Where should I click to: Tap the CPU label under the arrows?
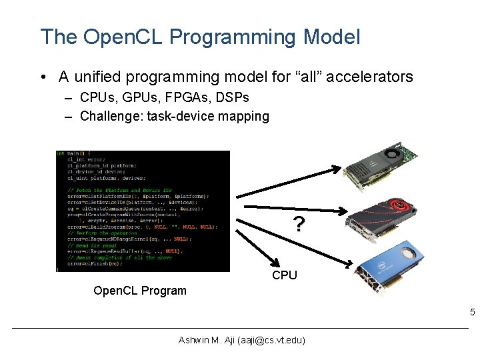click(x=285, y=275)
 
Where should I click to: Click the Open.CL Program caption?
click(x=140, y=291)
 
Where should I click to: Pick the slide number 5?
click(x=472, y=313)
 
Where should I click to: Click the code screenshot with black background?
click(x=142, y=211)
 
